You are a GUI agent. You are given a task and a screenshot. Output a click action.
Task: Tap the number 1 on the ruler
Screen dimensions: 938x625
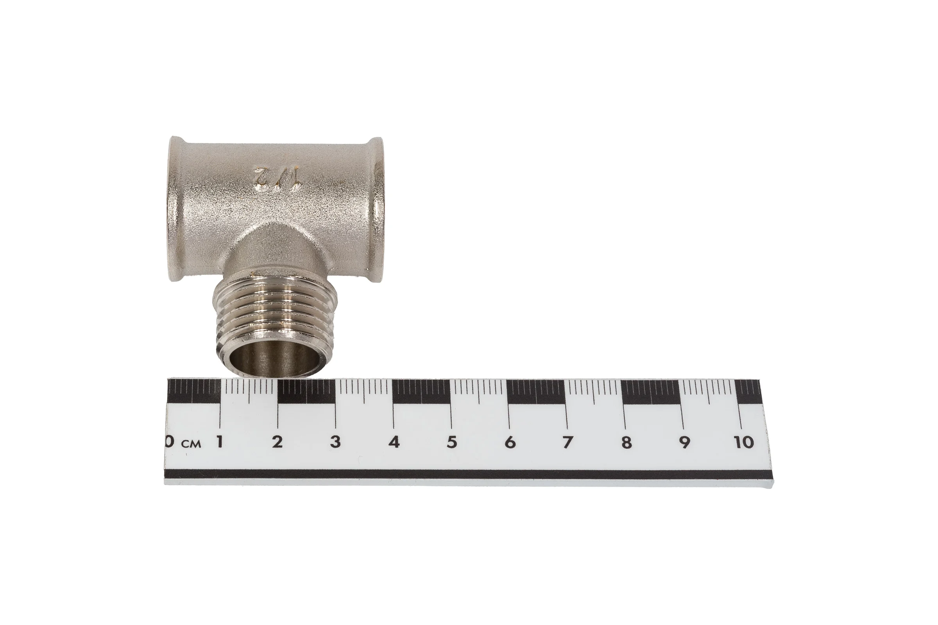pyautogui.click(x=219, y=442)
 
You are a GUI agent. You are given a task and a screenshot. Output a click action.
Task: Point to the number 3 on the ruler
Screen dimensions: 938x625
pyautogui.click(x=335, y=442)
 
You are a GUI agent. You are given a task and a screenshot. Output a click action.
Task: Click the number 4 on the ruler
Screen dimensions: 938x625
pyautogui.click(x=394, y=442)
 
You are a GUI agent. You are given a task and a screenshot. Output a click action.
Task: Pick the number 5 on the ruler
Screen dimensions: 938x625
pyautogui.click(x=452, y=442)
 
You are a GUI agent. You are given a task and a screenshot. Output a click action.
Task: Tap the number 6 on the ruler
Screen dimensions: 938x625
pyautogui.click(x=510, y=442)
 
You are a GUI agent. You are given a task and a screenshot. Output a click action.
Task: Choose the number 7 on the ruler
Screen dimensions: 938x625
pyautogui.click(x=568, y=442)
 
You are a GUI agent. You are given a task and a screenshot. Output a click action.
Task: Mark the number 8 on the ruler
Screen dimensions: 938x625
pyautogui.click(x=627, y=442)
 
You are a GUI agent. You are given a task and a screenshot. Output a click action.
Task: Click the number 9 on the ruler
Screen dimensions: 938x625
pyautogui.click(x=685, y=442)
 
